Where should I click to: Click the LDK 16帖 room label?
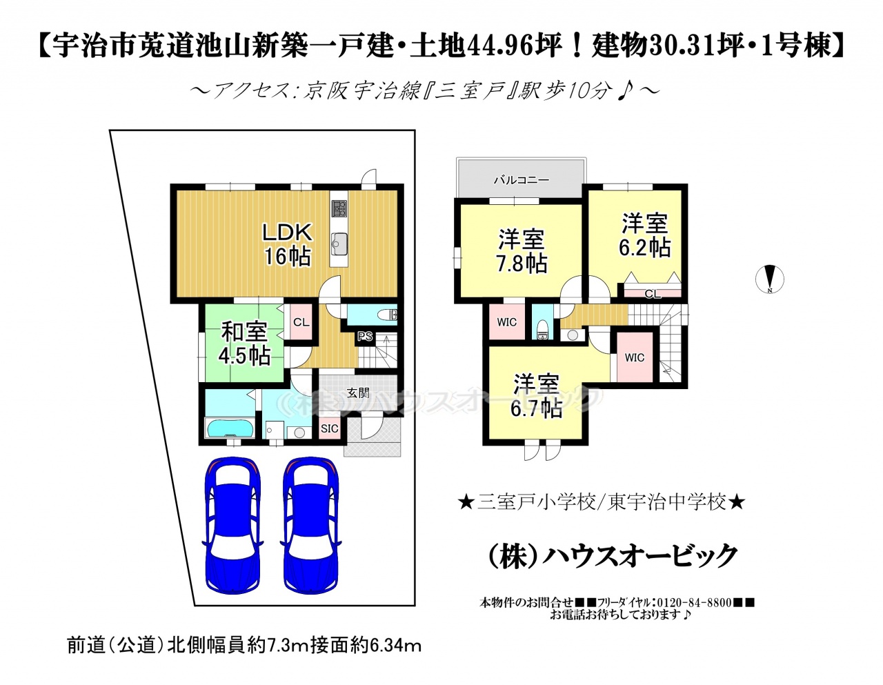(287, 244)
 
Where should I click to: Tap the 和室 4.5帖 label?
(244, 344)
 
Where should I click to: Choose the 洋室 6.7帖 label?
(537, 395)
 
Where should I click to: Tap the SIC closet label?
(330, 428)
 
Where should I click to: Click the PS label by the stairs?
(365, 337)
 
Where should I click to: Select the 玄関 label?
(358, 393)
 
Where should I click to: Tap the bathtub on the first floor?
(230, 428)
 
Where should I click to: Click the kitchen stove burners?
(339, 209)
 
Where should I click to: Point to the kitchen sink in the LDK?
(339, 244)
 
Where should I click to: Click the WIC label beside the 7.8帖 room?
(507, 322)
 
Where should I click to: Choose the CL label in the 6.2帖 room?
(653, 294)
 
